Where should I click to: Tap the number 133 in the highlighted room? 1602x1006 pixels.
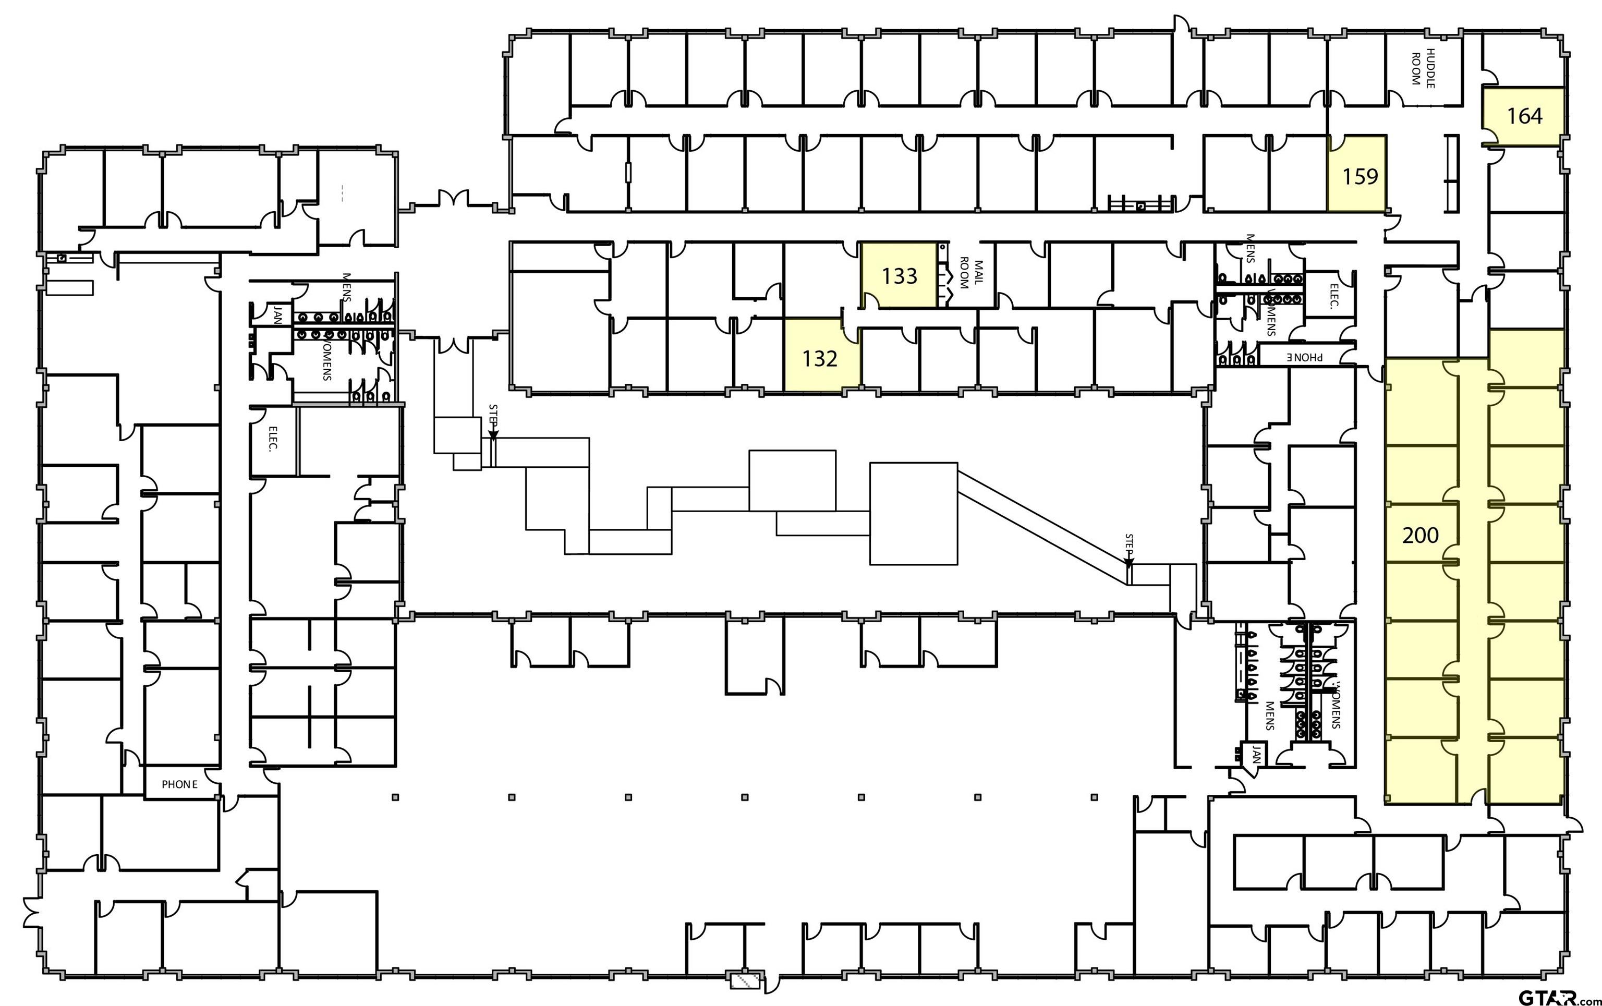point(900,275)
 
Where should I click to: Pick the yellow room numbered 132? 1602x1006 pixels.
point(820,359)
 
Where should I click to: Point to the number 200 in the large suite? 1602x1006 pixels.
point(1421,535)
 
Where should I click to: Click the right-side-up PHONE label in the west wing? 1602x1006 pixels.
point(179,784)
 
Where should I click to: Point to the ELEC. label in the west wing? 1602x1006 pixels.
point(273,439)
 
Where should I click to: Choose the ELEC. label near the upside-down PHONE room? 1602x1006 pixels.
point(1333,296)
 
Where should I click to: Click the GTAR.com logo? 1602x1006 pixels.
point(1557,996)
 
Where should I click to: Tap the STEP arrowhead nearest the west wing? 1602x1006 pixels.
point(493,436)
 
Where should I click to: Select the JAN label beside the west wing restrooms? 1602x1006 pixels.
point(277,314)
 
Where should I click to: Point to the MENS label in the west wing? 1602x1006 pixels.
point(346,286)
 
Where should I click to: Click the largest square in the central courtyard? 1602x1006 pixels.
point(914,514)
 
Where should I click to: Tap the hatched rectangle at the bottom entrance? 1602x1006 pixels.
point(746,980)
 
